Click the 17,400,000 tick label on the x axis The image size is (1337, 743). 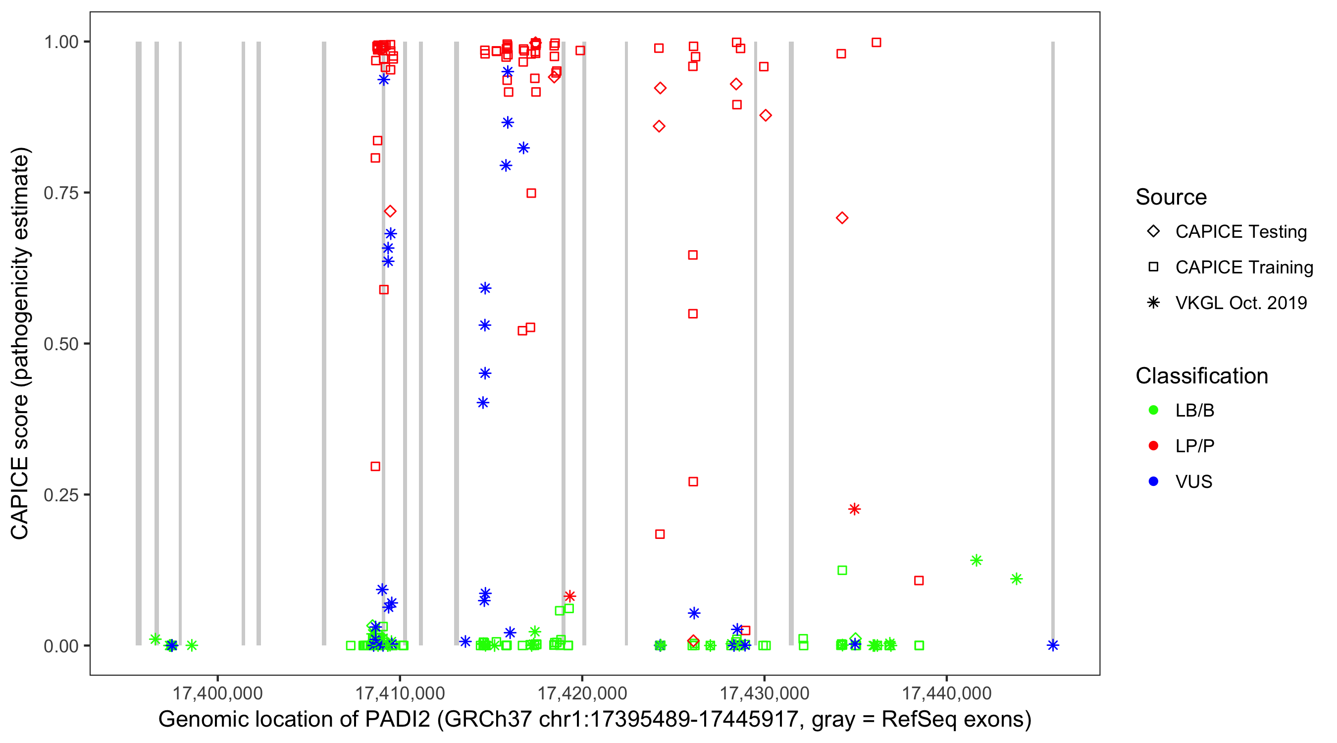tap(217, 692)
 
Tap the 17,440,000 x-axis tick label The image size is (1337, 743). tap(947, 692)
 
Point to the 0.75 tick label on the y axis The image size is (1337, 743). tap(60, 193)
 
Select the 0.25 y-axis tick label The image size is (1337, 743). tap(60, 495)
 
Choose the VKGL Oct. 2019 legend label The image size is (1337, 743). tap(1241, 303)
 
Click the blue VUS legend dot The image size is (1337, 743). tap(1153, 481)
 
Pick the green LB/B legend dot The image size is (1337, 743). tap(1153, 410)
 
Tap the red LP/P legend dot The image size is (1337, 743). tap(1153, 446)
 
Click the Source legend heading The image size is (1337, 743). tap(1171, 197)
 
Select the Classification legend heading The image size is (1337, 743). tap(1201, 376)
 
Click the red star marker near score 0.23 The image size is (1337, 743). tap(854, 509)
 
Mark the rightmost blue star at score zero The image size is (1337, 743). tap(1053, 645)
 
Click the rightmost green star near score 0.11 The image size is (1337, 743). tap(1016, 579)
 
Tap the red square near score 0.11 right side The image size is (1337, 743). tap(919, 581)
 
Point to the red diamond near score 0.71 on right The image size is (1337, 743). tap(842, 218)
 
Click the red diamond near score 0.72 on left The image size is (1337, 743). tap(390, 212)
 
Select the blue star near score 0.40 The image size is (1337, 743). tap(483, 402)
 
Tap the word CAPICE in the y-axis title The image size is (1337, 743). tap(20, 498)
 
